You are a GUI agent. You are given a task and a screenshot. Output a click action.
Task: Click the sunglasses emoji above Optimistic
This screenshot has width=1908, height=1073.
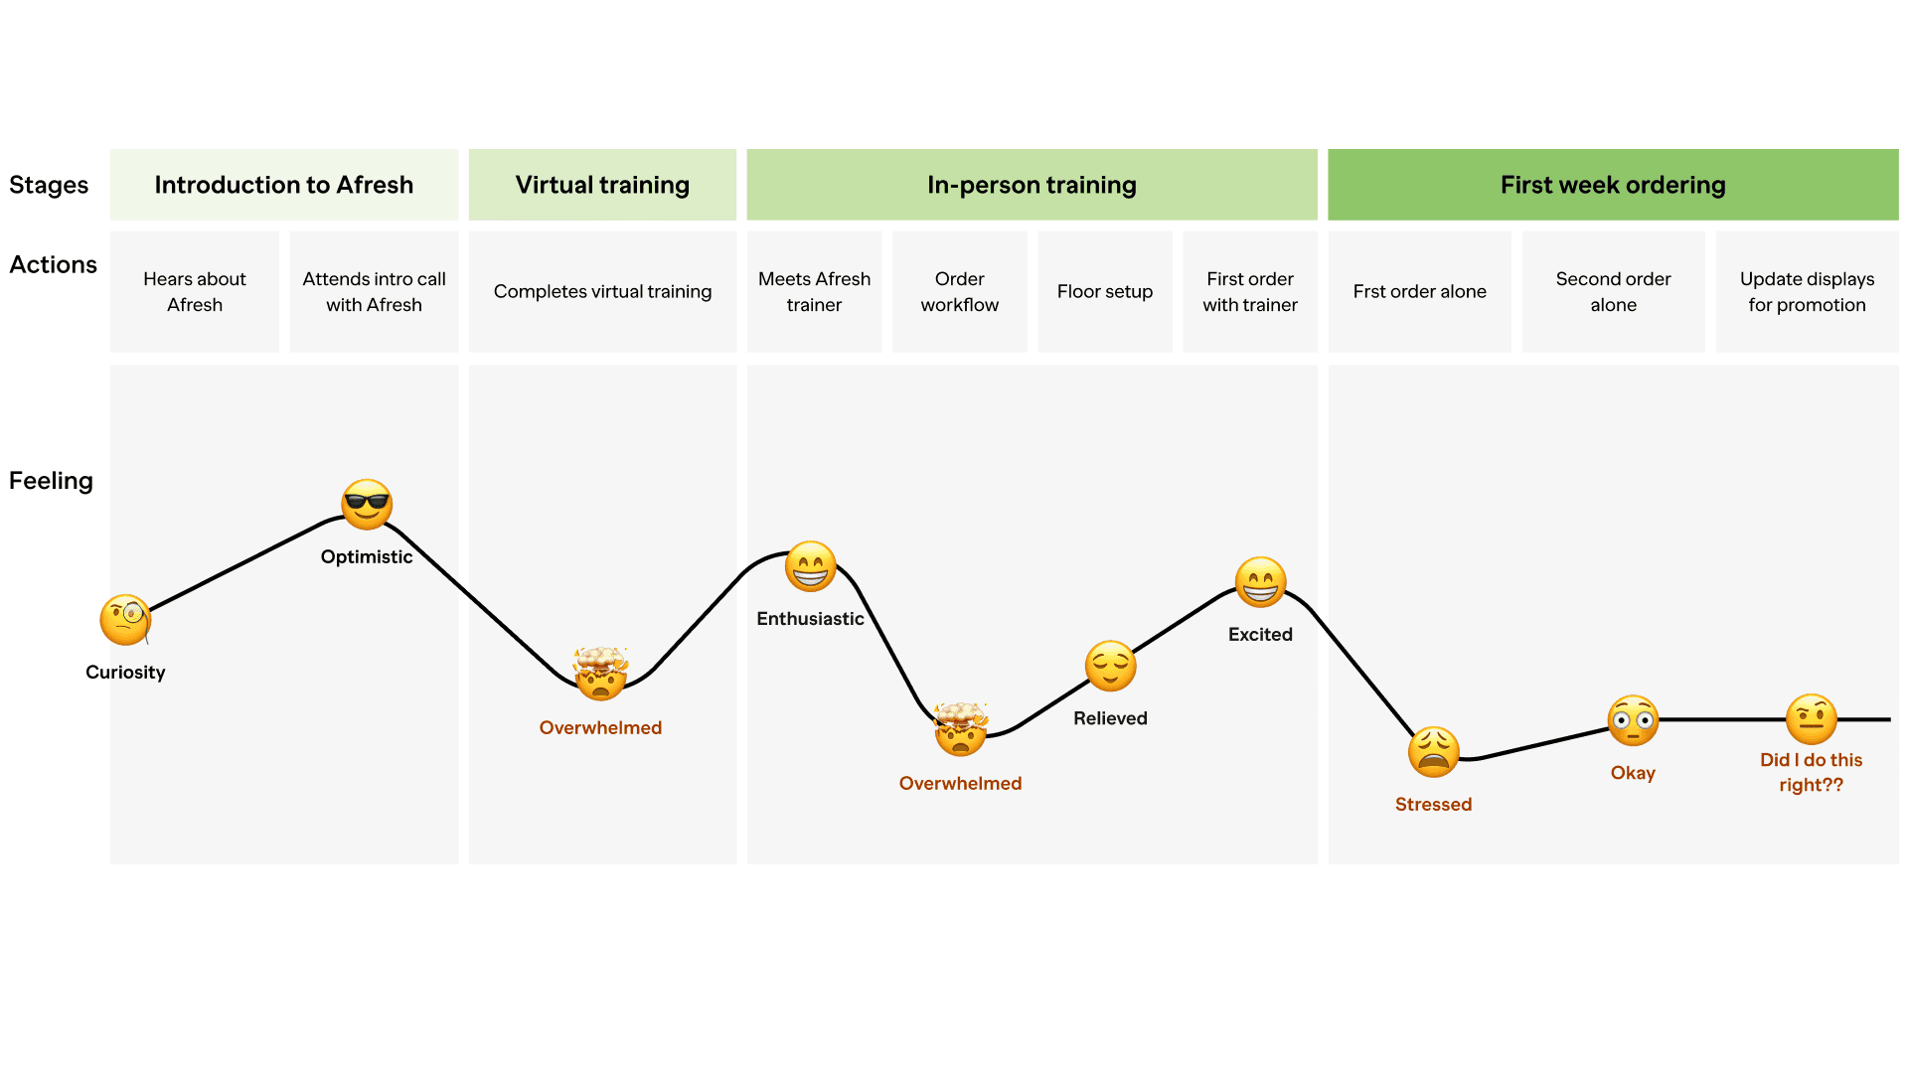tap(367, 505)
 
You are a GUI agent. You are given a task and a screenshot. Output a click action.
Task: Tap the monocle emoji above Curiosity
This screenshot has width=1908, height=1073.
tap(125, 620)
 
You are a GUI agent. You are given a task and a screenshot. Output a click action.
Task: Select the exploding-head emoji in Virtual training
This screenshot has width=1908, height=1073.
tap(601, 674)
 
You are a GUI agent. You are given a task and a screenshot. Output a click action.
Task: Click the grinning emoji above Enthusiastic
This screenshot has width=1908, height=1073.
tap(811, 567)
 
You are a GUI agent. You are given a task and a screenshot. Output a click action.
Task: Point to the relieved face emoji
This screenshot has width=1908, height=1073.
tap(1110, 666)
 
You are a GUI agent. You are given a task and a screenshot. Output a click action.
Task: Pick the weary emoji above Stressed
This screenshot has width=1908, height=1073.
tap(1433, 752)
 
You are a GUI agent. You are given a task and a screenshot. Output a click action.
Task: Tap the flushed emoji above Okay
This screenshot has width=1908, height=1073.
tap(1633, 720)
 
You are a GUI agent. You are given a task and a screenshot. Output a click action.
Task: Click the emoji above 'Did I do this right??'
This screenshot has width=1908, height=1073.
tap(1811, 719)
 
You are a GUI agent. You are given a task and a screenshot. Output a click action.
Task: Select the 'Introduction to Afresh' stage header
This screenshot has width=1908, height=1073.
tap(284, 185)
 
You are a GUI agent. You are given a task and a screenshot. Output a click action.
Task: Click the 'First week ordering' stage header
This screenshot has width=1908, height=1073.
tap(1613, 185)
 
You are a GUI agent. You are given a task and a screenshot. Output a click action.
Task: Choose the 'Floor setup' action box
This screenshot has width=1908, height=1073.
tap(1105, 291)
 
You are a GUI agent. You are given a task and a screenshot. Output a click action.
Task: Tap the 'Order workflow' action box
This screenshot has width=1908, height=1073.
tap(959, 291)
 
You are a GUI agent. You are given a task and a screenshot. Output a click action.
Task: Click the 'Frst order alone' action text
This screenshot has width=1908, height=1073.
tap(1419, 291)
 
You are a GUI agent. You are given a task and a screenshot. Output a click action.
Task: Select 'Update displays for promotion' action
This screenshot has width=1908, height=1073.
tap(1807, 291)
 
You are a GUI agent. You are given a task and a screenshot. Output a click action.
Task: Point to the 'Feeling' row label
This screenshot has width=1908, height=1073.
tap(51, 481)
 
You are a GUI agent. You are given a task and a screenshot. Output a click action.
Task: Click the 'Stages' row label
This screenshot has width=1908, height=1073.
tap(49, 185)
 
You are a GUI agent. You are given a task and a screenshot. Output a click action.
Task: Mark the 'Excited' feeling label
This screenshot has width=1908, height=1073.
tap(1260, 635)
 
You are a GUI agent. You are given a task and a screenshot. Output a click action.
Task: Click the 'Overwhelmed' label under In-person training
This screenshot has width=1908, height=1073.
tap(960, 784)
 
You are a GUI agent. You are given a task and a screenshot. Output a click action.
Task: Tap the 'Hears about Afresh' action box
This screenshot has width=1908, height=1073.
tap(195, 291)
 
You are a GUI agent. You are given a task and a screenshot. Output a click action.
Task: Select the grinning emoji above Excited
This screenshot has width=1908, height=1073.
tap(1260, 582)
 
